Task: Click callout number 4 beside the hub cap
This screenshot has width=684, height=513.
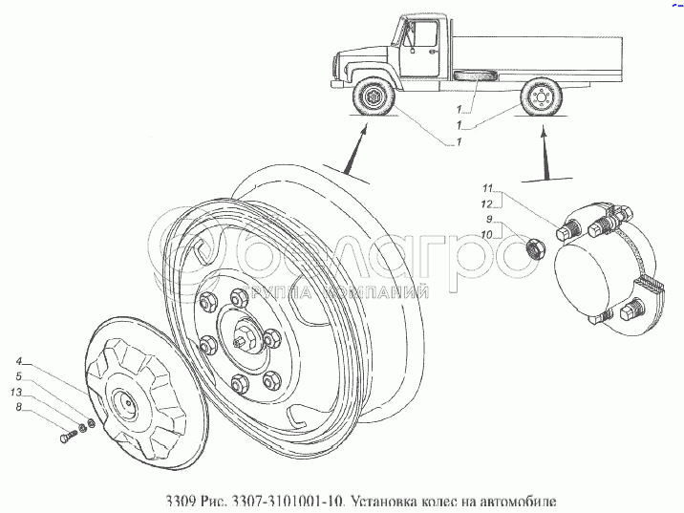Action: point(18,362)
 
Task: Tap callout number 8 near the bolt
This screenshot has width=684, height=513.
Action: point(18,408)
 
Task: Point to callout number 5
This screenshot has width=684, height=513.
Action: point(18,377)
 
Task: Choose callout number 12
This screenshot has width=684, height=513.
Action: point(487,203)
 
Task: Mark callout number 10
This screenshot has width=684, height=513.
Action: point(487,234)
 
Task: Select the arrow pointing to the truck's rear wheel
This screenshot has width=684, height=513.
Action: point(545,153)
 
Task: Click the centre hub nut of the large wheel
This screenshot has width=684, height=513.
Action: point(242,338)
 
